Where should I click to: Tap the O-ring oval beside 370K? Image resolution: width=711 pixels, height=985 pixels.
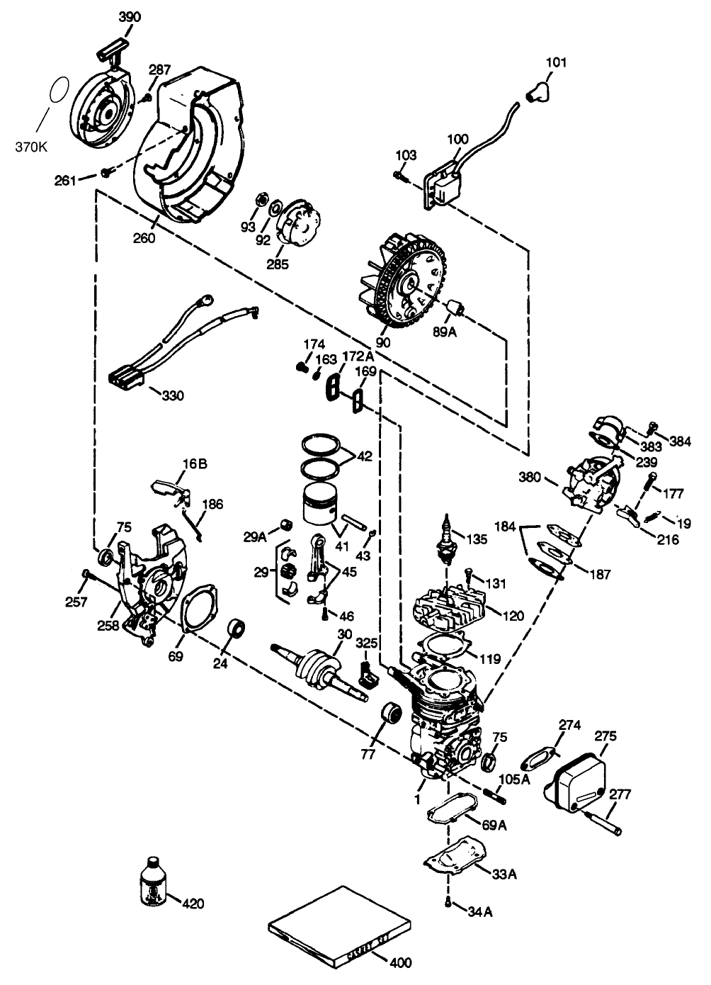click(60, 91)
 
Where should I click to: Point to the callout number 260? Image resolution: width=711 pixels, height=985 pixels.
click(144, 238)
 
